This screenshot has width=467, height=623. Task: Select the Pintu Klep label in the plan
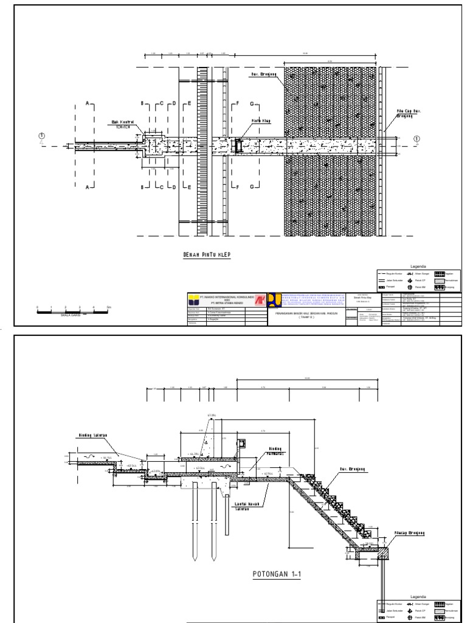261,121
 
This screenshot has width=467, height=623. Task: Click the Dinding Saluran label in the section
92,436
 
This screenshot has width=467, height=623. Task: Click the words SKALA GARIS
72,316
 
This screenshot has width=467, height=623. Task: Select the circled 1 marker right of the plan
417,139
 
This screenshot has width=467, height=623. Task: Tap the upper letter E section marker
189,104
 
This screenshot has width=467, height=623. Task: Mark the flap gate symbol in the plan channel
240,147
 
